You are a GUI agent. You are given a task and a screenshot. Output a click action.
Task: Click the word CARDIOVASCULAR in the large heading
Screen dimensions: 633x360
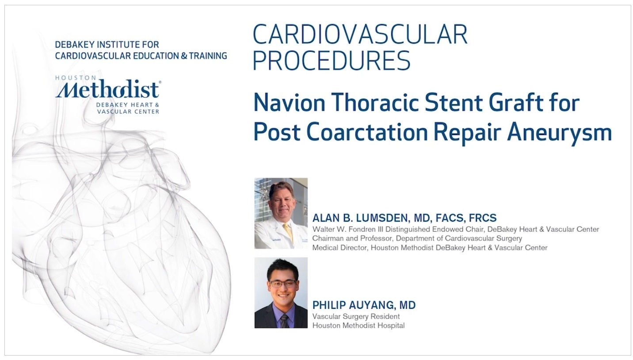(360, 34)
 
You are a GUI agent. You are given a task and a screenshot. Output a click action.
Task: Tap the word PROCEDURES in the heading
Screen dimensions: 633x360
(332, 61)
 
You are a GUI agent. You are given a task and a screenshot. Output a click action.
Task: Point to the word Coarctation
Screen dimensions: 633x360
(367, 132)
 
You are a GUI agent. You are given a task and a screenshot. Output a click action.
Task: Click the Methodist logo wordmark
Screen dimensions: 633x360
(108, 89)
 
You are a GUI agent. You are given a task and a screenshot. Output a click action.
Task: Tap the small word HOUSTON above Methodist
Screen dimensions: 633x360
(76, 78)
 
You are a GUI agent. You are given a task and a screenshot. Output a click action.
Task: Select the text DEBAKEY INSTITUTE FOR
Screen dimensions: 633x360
(107, 45)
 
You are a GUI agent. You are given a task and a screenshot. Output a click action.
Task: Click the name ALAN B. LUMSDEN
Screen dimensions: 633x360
(360, 218)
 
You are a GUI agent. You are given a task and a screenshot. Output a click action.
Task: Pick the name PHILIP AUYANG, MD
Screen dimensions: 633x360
(364, 305)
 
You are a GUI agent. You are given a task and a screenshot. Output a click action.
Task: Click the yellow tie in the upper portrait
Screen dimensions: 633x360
(288, 232)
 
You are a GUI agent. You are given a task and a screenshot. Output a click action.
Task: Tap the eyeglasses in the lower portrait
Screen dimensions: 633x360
(283, 283)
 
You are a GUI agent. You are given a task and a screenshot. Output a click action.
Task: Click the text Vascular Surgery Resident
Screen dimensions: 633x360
(356, 316)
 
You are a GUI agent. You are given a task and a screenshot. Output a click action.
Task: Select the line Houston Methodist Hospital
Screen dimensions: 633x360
(358, 326)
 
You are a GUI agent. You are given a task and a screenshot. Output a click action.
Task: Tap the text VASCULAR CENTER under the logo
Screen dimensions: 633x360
(128, 111)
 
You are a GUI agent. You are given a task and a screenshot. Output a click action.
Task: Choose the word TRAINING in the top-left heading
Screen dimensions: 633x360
(208, 56)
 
